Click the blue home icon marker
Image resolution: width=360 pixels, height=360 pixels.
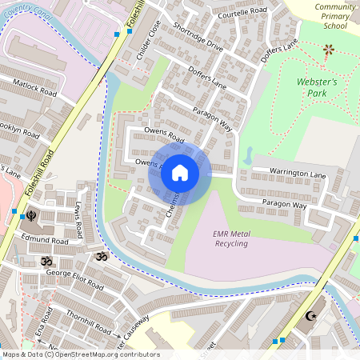pos(180,173)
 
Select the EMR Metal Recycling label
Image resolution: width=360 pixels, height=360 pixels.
pos(230,238)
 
